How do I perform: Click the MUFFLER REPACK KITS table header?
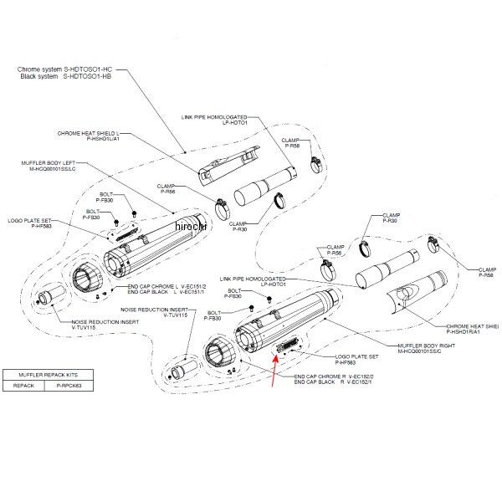(42, 376)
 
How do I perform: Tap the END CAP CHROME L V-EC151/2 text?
(165, 285)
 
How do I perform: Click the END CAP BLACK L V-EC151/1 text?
(165, 292)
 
